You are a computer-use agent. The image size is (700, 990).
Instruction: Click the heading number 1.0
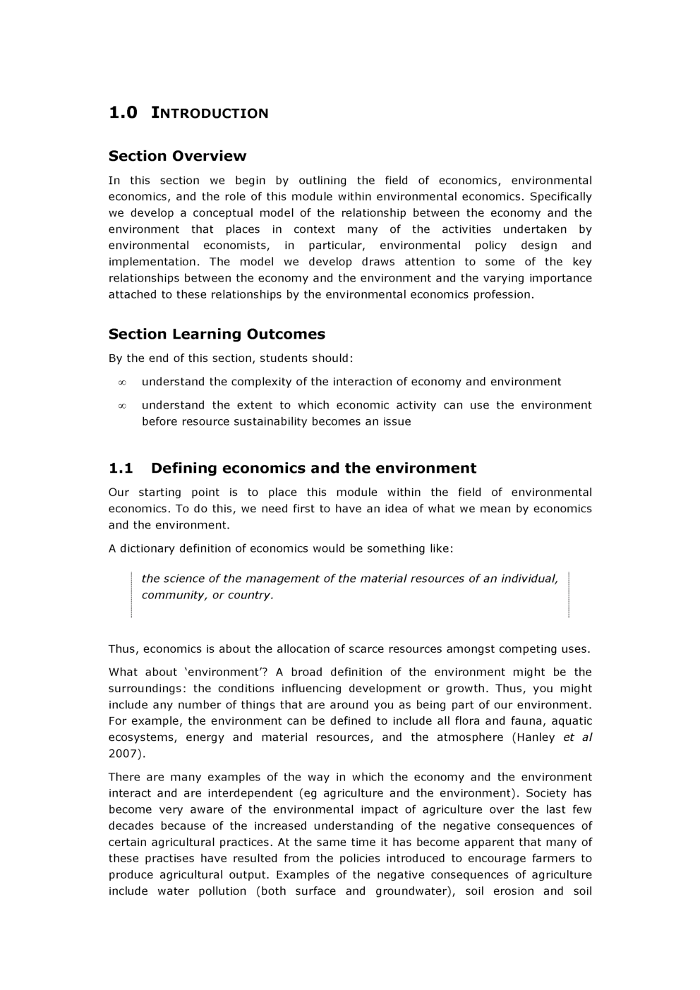coord(123,113)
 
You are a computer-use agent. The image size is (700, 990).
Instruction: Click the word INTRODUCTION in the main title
coord(210,113)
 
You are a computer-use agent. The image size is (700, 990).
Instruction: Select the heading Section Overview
coord(177,156)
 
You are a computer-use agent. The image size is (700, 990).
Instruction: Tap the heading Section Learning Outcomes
coord(217,334)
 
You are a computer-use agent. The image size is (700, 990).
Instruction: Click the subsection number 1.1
coord(121,468)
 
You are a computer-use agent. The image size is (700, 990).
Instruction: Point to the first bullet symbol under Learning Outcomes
coord(122,382)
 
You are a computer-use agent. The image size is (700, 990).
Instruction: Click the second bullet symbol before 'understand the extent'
coord(122,406)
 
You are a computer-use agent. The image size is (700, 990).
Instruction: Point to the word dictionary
coord(146,548)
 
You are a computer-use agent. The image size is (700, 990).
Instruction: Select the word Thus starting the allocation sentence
coord(123,649)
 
